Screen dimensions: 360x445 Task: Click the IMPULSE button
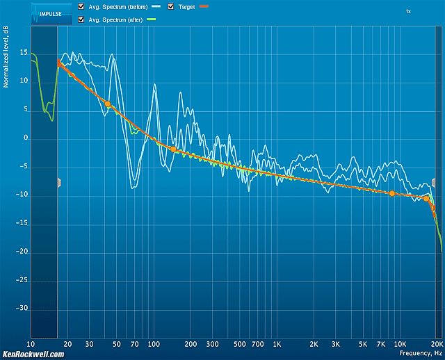coord(51,12)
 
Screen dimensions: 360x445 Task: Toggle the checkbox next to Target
coord(171,7)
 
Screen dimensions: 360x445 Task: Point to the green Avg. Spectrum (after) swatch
coord(152,19)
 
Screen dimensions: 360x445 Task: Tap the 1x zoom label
coord(408,12)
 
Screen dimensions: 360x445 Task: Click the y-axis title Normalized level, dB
coord(5,63)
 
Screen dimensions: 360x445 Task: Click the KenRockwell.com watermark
coord(33,354)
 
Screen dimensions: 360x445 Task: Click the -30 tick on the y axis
coord(22,308)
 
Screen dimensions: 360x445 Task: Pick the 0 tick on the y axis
coord(25,138)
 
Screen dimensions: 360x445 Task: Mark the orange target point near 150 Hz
coord(173,149)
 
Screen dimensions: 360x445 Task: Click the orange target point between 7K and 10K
coord(392,193)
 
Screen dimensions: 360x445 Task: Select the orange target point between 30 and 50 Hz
coord(108,104)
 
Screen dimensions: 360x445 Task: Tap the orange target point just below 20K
coord(426,198)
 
